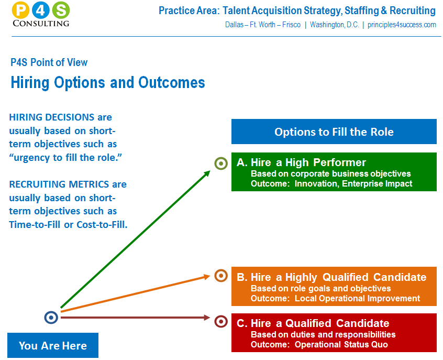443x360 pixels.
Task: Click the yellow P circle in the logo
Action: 20,10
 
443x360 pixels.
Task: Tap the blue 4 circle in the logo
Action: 41,10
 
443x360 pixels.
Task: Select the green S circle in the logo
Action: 61,10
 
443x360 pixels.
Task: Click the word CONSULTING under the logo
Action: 41,24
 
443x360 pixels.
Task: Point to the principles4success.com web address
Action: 402,25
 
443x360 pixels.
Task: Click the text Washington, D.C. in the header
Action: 335,25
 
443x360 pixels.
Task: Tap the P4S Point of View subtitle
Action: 49,62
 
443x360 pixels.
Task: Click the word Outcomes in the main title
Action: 172,83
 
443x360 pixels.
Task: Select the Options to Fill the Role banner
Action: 334,132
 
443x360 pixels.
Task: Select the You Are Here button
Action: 53,345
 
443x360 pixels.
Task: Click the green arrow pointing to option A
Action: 136,239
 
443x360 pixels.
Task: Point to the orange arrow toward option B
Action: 136,293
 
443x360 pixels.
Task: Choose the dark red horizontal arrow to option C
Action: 135,318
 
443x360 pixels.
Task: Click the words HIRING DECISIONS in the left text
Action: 52,117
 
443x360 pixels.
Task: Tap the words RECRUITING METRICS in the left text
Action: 59,184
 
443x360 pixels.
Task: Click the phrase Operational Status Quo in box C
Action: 341,344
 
